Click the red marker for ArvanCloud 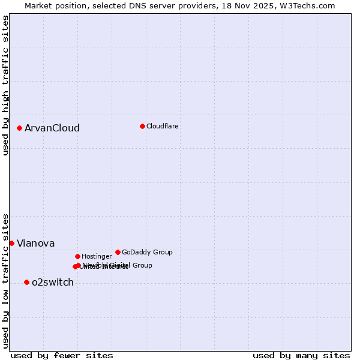click(20, 128)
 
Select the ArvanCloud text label click(52, 128)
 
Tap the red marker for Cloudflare click(142, 126)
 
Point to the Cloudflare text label click(163, 126)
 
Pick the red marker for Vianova click(11, 243)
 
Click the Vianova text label click(36, 243)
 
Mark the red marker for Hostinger click(77, 256)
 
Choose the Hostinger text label click(97, 256)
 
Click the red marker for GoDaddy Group click(118, 252)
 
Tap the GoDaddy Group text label click(147, 252)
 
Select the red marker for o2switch click(26, 282)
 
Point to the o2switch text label click(53, 282)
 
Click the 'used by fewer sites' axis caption click(62, 355)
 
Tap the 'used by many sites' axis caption click(301, 355)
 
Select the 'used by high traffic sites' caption click(6, 85)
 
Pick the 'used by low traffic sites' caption click(6, 281)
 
